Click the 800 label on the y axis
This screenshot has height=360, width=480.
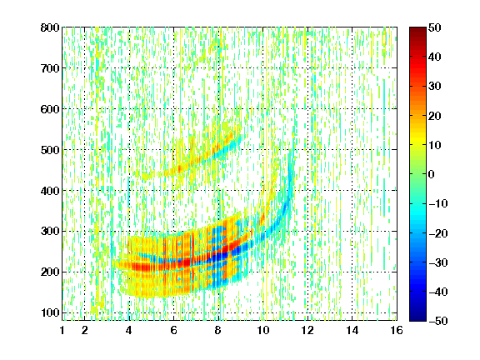pyautogui.click(x=50, y=27)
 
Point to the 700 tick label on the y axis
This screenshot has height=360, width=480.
pyautogui.click(x=50, y=68)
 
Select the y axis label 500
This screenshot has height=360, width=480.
pyautogui.click(x=50, y=150)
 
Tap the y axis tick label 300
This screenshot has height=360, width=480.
pyautogui.click(x=50, y=232)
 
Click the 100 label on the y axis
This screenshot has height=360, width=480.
pyautogui.click(x=50, y=312)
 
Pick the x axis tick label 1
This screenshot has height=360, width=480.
pyautogui.click(x=62, y=330)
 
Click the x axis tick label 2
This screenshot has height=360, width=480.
pyautogui.click(x=85, y=330)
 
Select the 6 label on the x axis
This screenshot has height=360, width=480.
pyautogui.click(x=174, y=330)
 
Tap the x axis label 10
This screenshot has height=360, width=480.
pyautogui.click(x=263, y=330)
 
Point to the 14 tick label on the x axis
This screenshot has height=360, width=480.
pyautogui.click(x=352, y=330)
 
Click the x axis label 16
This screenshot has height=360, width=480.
pyautogui.click(x=397, y=330)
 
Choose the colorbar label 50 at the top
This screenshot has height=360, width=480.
pyautogui.click(x=434, y=27)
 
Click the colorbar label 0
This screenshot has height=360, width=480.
pyautogui.click(x=432, y=174)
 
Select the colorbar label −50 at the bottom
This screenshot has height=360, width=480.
pyautogui.click(x=438, y=321)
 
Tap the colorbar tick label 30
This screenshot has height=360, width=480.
pyautogui.click(x=434, y=87)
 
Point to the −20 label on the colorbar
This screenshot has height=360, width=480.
pyautogui.click(x=438, y=233)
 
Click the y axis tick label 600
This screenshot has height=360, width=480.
pyautogui.click(x=50, y=109)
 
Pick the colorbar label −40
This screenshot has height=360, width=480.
pyautogui.click(x=438, y=292)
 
